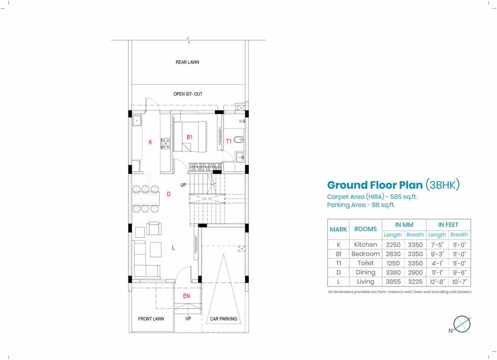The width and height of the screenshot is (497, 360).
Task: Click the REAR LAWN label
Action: [x=187, y=62]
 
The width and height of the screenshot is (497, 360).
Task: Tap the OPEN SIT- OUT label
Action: [x=188, y=94]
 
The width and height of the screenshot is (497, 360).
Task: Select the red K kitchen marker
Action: [x=150, y=142]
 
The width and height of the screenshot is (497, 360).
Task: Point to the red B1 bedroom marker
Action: [x=190, y=137]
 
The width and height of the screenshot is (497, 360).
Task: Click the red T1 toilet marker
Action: [x=229, y=141]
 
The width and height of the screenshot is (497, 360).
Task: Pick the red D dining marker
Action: [x=168, y=194]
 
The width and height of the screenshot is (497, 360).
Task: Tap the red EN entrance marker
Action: [x=186, y=296]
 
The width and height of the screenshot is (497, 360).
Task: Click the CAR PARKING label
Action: [x=223, y=319]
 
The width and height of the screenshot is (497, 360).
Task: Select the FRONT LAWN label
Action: [x=151, y=319]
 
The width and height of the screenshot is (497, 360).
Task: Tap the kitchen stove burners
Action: [x=165, y=143]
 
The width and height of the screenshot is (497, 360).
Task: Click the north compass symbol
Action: [x=462, y=324]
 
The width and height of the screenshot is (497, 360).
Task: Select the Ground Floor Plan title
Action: [x=374, y=185]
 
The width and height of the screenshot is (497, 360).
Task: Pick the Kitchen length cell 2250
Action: [x=393, y=245]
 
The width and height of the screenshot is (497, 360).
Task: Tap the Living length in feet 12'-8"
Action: [x=437, y=282]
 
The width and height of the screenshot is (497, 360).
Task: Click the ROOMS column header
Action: [x=365, y=229]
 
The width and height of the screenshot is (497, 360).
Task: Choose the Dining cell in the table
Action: [x=365, y=272]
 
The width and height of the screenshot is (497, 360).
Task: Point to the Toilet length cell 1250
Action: [x=393, y=263]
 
